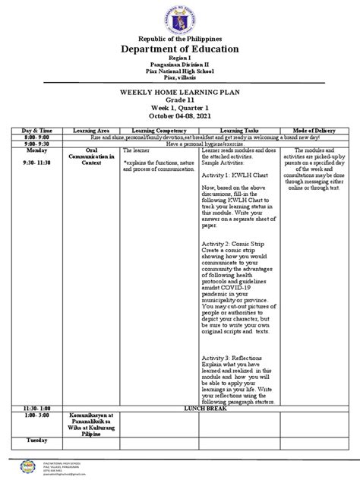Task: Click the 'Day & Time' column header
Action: click(x=37, y=131)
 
